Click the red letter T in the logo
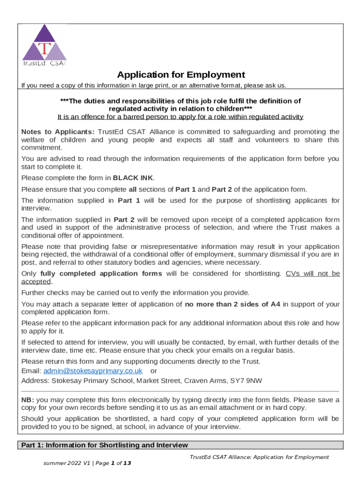tap(44, 49)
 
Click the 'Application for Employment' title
tap(180, 75)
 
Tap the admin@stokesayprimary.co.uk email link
tap(93, 370)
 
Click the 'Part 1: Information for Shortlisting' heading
tap(105, 445)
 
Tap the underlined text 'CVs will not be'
tap(312, 274)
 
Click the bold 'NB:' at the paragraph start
tap(28, 400)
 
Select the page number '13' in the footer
tap(127, 463)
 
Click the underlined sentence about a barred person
tap(180, 117)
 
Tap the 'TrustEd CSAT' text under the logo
tap(44, 64)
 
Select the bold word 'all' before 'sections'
tap(133, 189)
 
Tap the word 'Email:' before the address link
tap(31, 370)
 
